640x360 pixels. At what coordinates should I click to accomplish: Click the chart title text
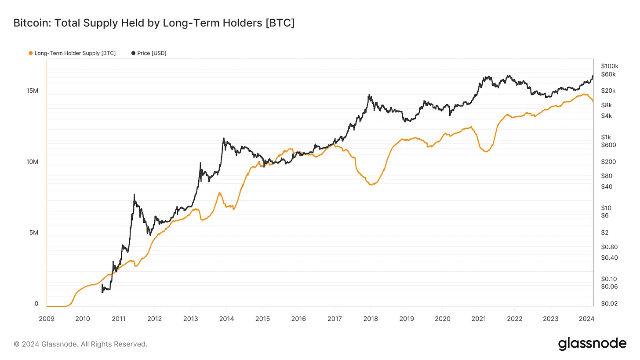click(154, 23)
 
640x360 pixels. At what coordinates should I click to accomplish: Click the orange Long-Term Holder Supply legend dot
click(30, 53)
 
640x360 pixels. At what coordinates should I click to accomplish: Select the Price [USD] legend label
click(152, 53)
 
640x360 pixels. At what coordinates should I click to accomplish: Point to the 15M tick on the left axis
click(32, 91)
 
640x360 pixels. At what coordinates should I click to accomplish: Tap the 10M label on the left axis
click(32, 162)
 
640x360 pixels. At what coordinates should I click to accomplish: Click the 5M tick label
click(34, 233)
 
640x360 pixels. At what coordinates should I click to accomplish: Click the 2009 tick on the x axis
click(46, 318)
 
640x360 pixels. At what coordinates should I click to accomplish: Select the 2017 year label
click(335, 318)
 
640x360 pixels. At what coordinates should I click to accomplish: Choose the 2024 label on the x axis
click(587, 318)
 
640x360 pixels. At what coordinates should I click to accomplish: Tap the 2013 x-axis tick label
click(190, 318)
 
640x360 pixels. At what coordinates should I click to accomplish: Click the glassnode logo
click(592, 344)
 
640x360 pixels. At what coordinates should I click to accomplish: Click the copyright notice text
click(80, 344)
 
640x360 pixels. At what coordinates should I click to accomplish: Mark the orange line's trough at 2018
click(371, 185)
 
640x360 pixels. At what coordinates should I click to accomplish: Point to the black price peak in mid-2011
click(134, 195)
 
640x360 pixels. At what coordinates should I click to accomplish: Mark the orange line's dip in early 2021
click(486, 152)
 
